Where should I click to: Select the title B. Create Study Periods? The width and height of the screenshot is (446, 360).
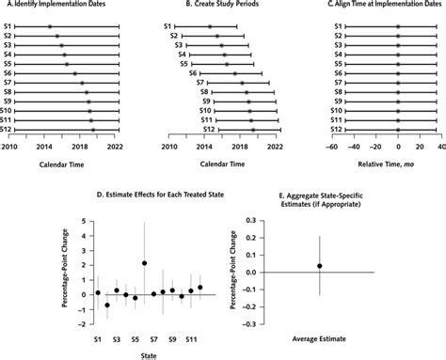[218, 7]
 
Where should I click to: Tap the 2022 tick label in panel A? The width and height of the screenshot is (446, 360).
[115, 147]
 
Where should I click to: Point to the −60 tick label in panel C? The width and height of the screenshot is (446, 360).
[331, 147]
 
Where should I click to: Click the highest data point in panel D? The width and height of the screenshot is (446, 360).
[144, 264]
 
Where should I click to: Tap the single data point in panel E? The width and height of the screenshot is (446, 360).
[319, 266]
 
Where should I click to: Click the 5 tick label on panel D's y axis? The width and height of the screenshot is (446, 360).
[85, 222]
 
